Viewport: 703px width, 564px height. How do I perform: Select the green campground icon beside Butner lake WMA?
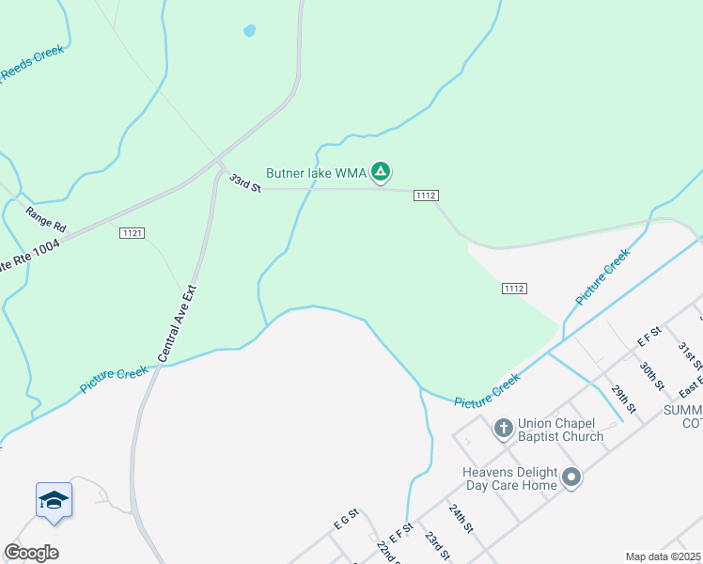click(380, 172)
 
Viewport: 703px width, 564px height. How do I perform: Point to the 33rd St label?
click(243, 182)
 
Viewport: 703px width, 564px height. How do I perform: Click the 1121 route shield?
click(132, 233)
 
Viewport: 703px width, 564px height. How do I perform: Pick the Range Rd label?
click(45, 219)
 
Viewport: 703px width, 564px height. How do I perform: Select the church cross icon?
click(503, 429)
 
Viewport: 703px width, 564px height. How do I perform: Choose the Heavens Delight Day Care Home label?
click(509, 478)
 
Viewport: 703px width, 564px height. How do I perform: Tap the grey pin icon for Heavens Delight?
click(571, 478)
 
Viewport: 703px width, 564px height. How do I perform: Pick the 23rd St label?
click(437, 544)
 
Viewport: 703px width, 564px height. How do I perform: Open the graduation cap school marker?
click(54, 501)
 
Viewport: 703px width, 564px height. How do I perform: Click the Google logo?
click(31, 553)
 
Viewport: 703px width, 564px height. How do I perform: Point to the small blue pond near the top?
click(249, 30)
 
